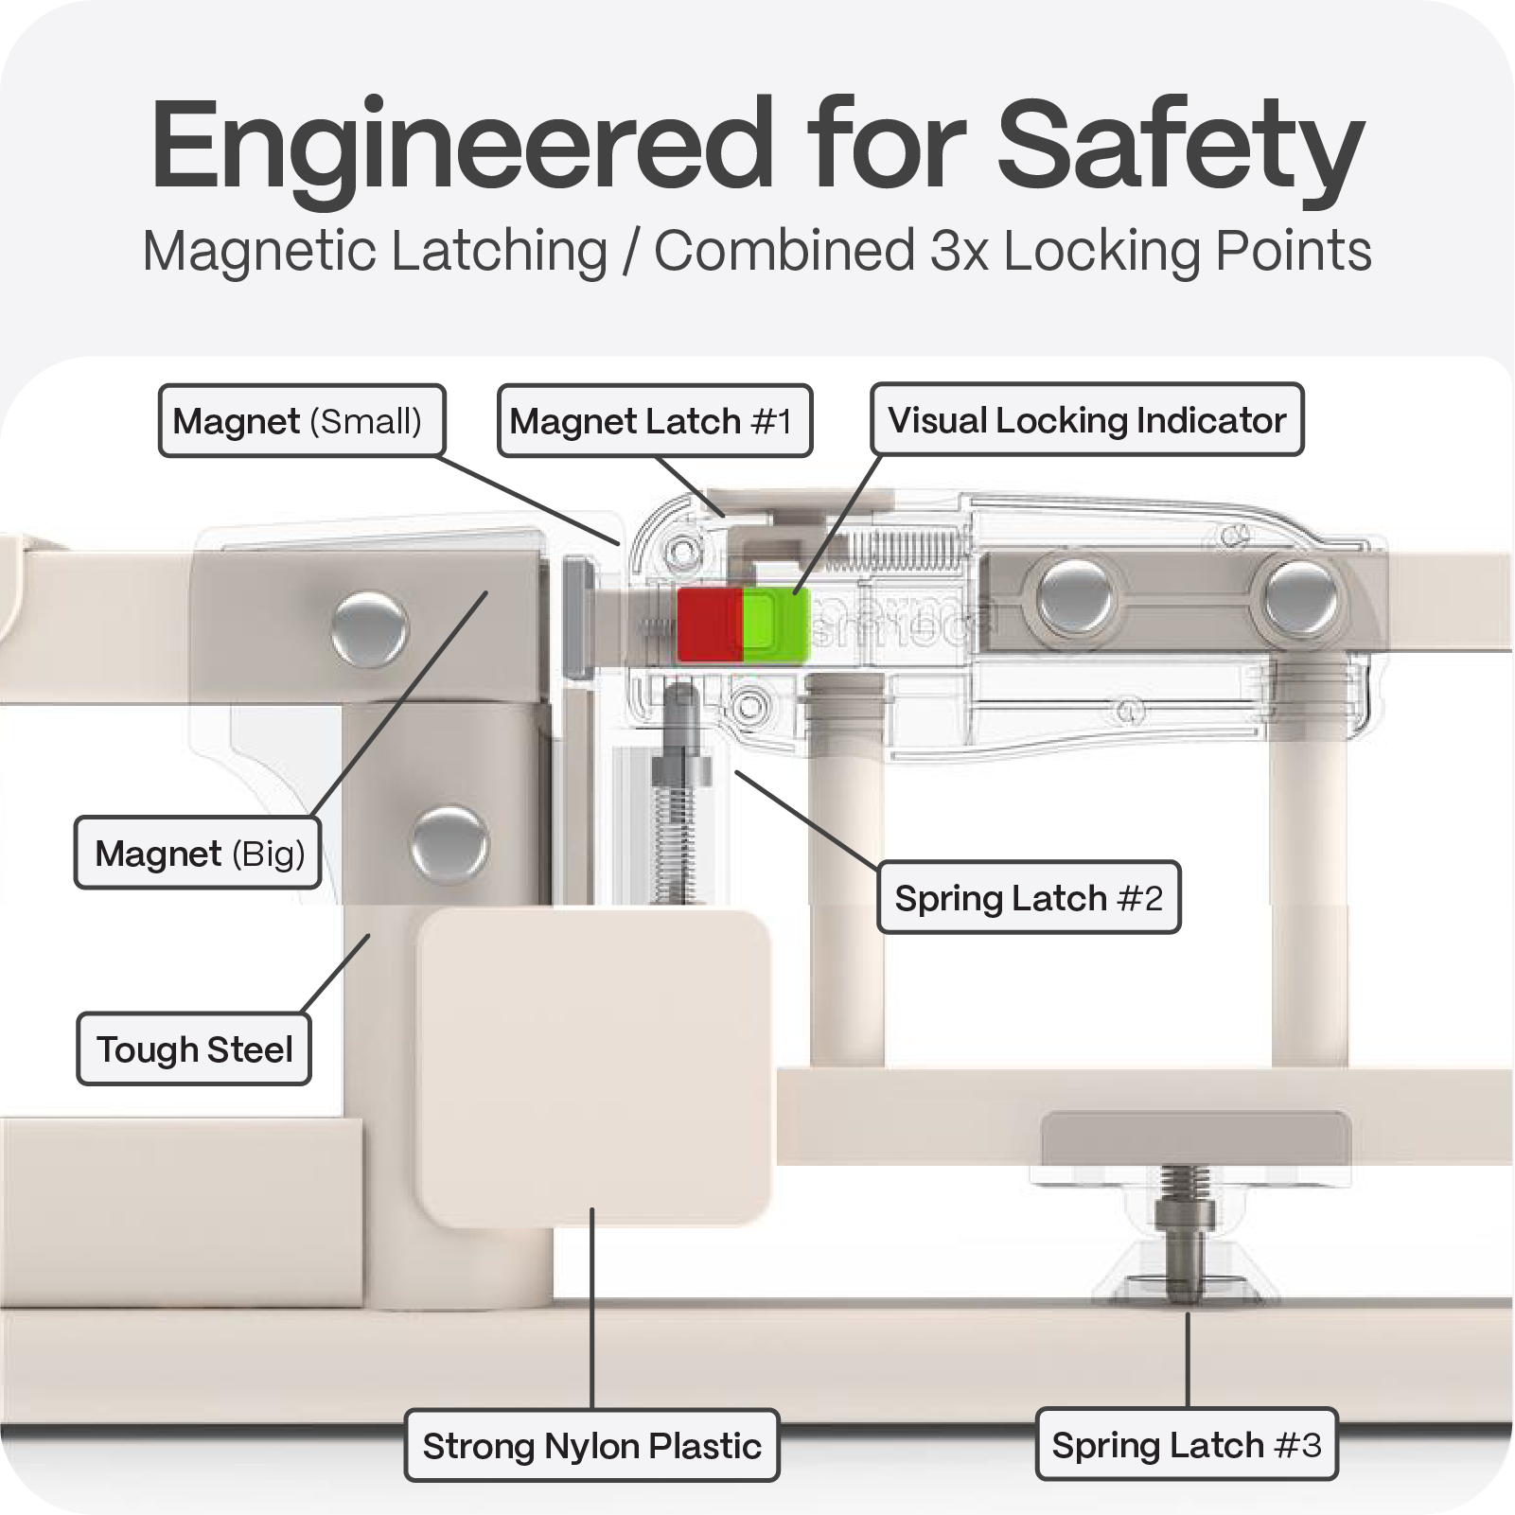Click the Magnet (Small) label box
tap(301, 421)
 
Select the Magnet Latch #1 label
tap(654, 421)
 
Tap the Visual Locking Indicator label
tap(1086, 420)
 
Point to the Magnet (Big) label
tap(198, 854)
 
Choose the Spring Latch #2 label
tap(1029, 898)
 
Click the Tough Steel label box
tap(194, 1049)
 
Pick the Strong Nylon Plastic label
tap(591, 1446)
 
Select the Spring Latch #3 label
tap(1186, 1445)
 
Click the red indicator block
tap(710, 625)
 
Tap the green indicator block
tap(775, 625)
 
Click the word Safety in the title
tap(1180, 147)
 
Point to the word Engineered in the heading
tap(462, 147)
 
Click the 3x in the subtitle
tap(960, 252)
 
